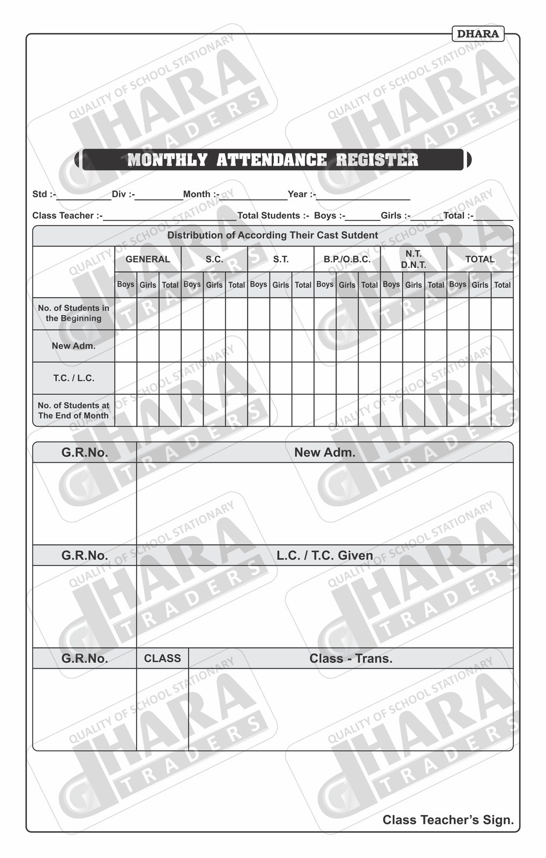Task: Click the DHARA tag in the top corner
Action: [x=478, y=34]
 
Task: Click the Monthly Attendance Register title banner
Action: [x=273, y=160]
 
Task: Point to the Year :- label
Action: [x=302, y=194]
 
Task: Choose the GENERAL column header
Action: [x=148, y=259]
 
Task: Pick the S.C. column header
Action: [x=214, y=259]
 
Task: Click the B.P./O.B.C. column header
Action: [x=347, y=259]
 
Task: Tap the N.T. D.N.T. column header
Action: [x=414, y=259]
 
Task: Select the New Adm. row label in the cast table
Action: [x=74, y=346]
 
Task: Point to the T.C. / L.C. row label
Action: [x=74, y=378]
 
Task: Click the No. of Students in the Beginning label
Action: [x=74, y=313]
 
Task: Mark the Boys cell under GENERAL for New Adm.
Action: [x=126, y=346]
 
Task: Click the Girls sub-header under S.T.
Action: [x=281, y=285]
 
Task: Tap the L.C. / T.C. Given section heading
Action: [x=325, y=556]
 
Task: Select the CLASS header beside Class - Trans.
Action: [x=162, y=659]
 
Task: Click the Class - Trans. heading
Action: [x=351, y=659]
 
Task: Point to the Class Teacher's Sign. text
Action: [x=448, y=820]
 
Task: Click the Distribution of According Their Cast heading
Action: [x=273, y=235]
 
